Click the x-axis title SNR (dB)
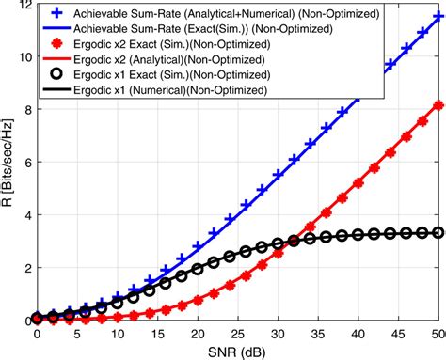point(237,352)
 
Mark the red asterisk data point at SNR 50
point(438,105)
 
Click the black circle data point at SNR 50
point(438,232)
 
